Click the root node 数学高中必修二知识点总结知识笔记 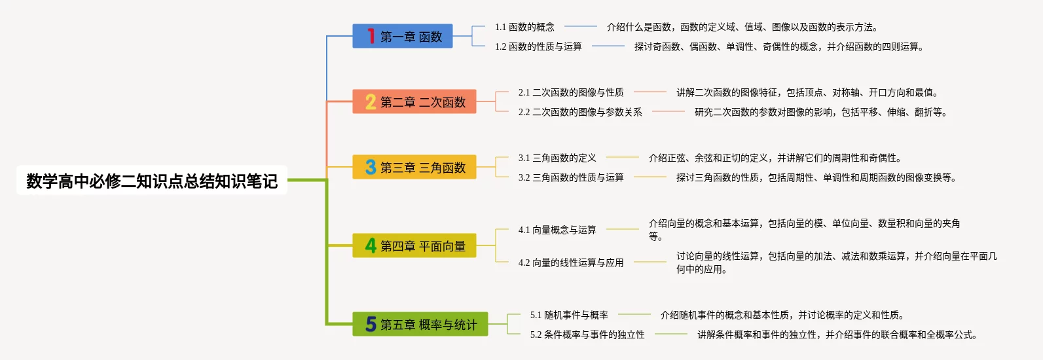(x=152, y=181)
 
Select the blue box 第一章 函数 (x=411, y=37)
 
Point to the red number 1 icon (x=371, y=36)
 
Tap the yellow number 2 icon (x=371, y=102)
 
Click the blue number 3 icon (x=371, y=168)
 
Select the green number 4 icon (x=371, y=246)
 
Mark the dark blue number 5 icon (x=371, y=325)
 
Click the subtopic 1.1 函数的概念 (x=524, y=27)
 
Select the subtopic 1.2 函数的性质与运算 (x=538, y=46)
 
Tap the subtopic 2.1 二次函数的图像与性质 (x=571, y=92)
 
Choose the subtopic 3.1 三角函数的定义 (x=557, y=158)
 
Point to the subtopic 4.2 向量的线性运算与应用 (x=571, y=262)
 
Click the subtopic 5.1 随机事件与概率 (x=569, y=315)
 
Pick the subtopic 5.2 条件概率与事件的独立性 (x=587, y=334)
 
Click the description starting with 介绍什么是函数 (x=742, y=27)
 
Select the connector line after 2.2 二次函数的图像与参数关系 (x=668, y=112)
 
